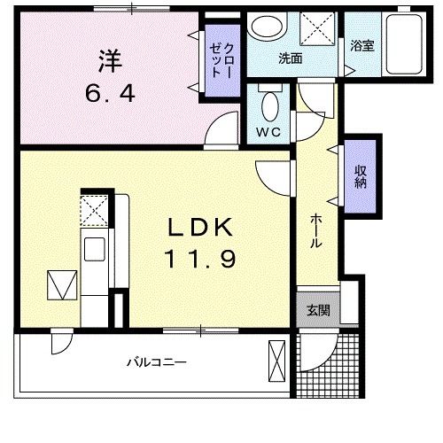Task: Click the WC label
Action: pyautogui.click(x=269, y=134)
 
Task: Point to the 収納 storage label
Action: pyautogui.click(x=361, y=176)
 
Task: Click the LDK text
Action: pyautogui.click(x=201, y=229)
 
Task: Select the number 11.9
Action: pyautogui.click(x=200, y=260)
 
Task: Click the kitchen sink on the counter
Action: pyautogui.click(x=94, y=249)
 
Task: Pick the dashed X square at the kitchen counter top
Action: pyautogui.click(x=94, y=212)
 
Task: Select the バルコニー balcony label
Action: pyautogui.click(x=155, y=362)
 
